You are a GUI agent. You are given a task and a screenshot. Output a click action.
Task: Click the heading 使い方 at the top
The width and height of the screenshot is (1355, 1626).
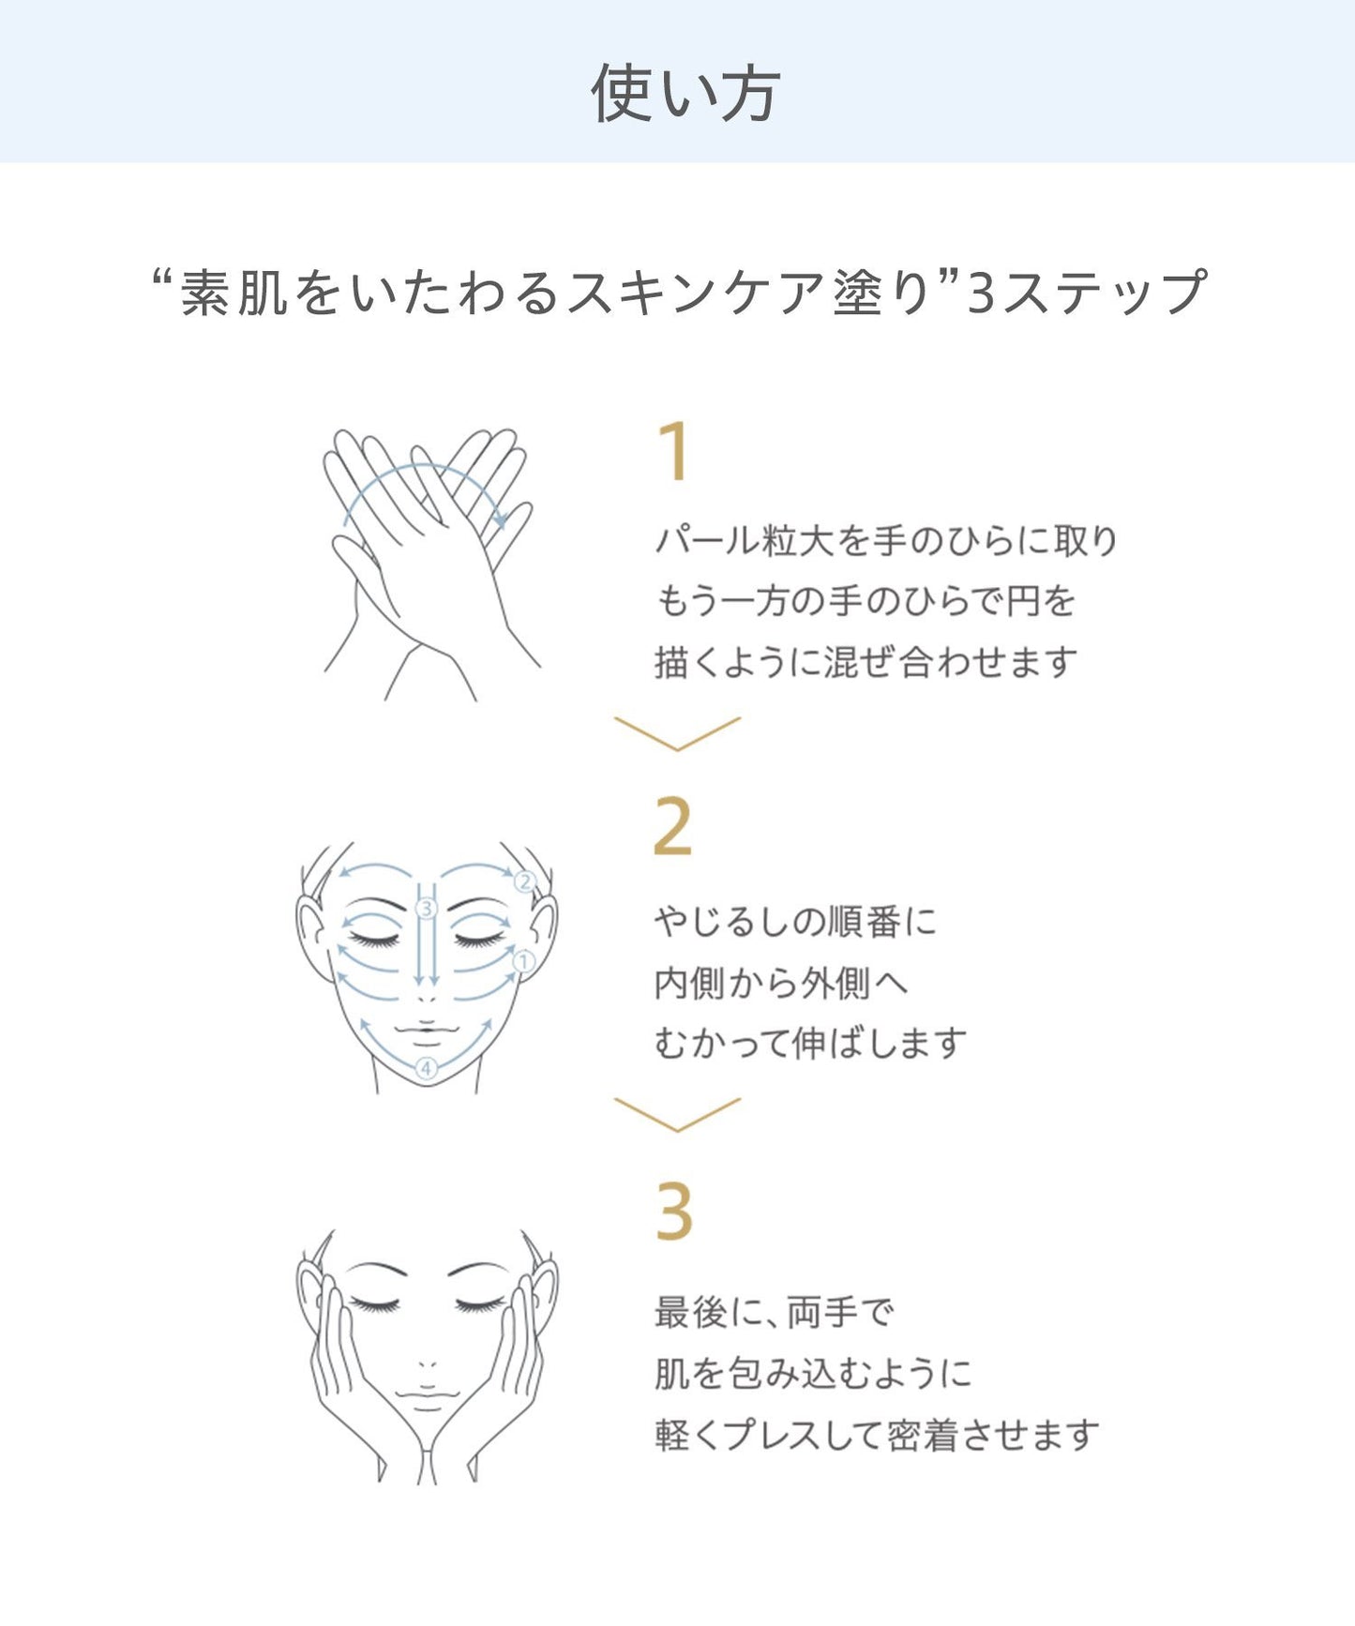point(685,93)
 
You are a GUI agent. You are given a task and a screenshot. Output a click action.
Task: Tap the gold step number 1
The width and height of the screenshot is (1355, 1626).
point(674,452)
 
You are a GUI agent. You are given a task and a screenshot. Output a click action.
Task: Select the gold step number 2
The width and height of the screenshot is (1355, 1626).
point(672,827)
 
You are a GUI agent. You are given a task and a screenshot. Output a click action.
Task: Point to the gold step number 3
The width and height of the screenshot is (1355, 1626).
point(673,1211)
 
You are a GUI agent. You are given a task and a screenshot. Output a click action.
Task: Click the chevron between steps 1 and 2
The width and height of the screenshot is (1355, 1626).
point(677,734)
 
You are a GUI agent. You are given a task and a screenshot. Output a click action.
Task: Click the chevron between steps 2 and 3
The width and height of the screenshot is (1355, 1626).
point(677,1115)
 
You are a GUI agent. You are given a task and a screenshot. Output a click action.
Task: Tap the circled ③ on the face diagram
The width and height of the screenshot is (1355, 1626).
point(427,908)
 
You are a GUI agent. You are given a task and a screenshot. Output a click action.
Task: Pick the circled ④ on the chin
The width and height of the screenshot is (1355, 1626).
point(427,1068)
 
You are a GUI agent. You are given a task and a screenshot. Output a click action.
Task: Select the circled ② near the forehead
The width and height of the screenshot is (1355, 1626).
point(524,881)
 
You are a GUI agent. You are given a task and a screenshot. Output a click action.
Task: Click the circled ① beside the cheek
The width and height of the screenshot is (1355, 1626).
point(523,961)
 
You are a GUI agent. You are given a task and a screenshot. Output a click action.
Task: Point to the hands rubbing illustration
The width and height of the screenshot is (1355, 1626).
point(431,563)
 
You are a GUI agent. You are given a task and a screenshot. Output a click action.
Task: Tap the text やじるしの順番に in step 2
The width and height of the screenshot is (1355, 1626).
point(795,922)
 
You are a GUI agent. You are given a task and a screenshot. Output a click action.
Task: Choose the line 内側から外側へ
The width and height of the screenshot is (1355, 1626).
point(781,983)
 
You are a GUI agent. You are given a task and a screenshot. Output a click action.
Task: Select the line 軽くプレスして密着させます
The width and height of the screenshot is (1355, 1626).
point(877,1434)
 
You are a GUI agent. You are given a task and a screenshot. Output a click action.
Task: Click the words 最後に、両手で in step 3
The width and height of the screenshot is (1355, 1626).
point(775,1312)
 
